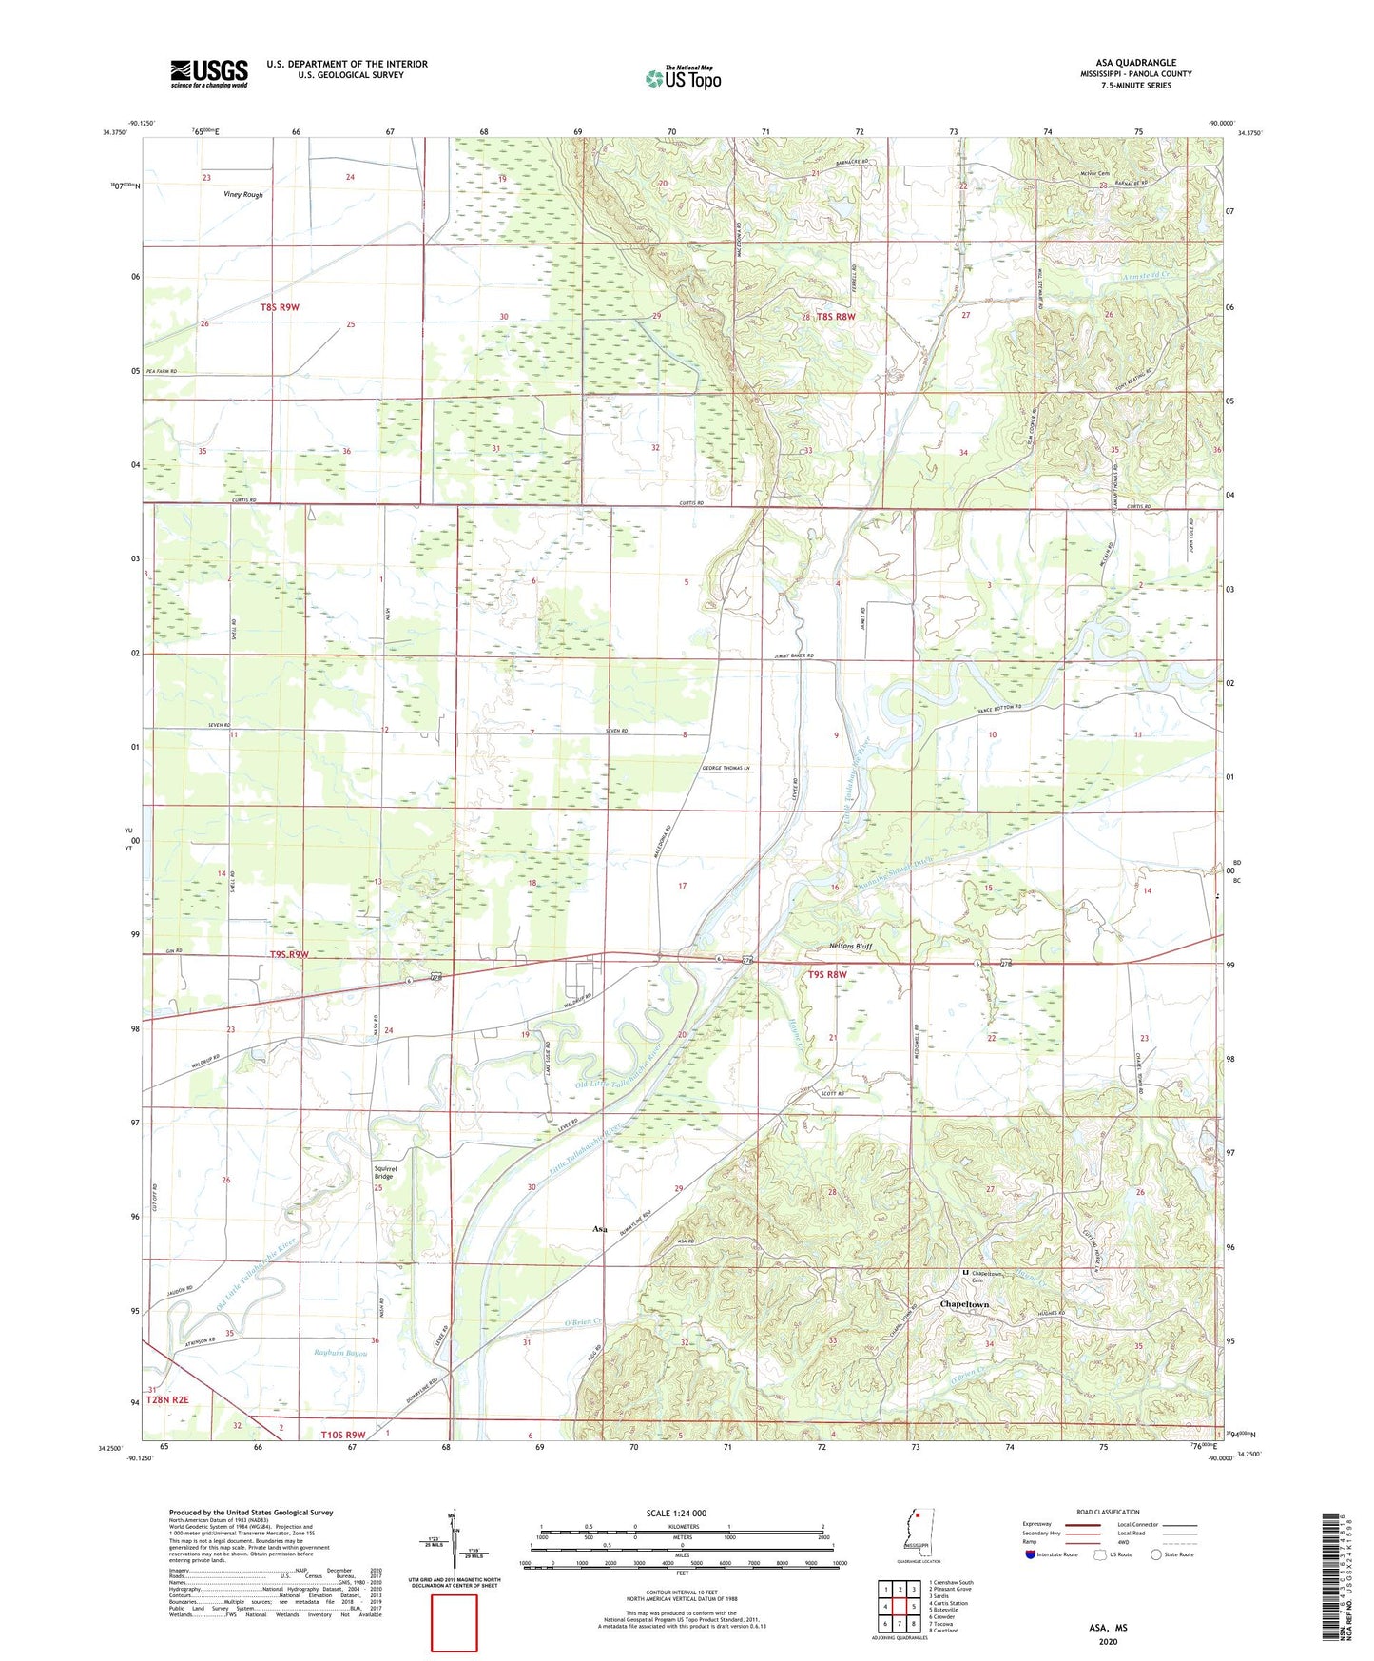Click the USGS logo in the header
click(209, 73)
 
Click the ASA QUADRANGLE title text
click(1135, 63)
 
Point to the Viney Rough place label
click(243, 195)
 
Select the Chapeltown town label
click(964, 1304)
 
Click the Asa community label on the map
click(600, 1229)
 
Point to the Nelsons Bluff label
click(850, 947)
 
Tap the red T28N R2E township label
click(168, 1399)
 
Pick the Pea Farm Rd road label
click(161, 371)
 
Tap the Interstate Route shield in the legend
click(1031, 1554)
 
